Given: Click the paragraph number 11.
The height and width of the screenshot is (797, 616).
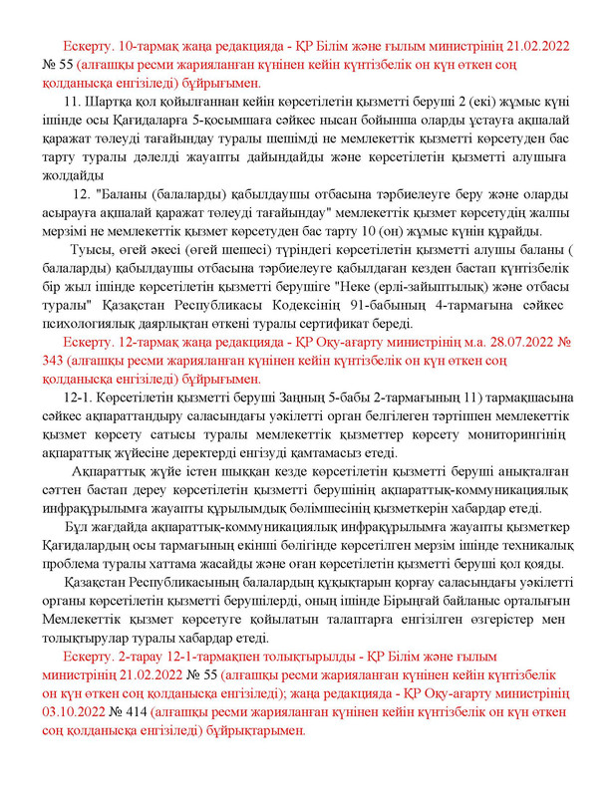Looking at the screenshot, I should (x=71, y=103).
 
